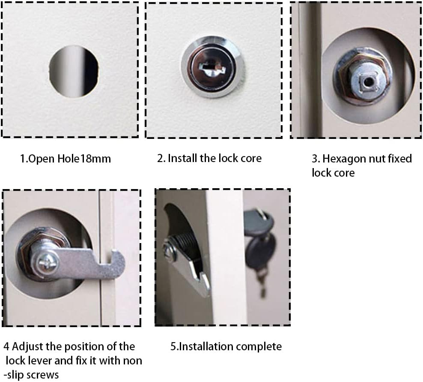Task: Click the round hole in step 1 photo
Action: pyautogui.click(x=74, y=71)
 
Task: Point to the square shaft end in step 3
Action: pyautogui.click(x=366, y=81)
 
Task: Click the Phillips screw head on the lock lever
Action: pyautogui.click(x=48, y=262)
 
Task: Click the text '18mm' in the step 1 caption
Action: pyautogui.click(x=96, y=159)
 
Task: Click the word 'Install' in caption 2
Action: pyautogui.click(x=183, y=158)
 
